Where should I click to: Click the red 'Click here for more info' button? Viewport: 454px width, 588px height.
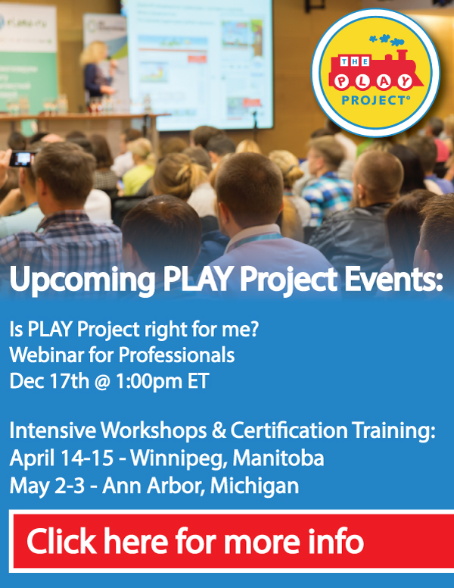coord(232,541)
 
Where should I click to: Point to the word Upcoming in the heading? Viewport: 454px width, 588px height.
coord(82,280)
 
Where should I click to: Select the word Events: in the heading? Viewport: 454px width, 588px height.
coord(393,280)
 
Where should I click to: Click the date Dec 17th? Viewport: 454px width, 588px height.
coord(49,381)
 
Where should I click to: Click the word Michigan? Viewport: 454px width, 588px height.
coord(255,486)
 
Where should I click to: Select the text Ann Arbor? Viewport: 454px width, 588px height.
coord(154,486)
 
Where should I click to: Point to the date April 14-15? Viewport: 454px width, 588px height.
coord(61,458)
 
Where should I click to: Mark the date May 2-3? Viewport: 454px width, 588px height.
coord(47,486)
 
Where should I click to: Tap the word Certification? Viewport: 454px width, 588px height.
coord(289,430)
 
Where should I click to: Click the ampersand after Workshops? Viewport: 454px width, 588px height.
coord(219,430)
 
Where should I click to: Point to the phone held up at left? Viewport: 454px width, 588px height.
coord(23,158)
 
